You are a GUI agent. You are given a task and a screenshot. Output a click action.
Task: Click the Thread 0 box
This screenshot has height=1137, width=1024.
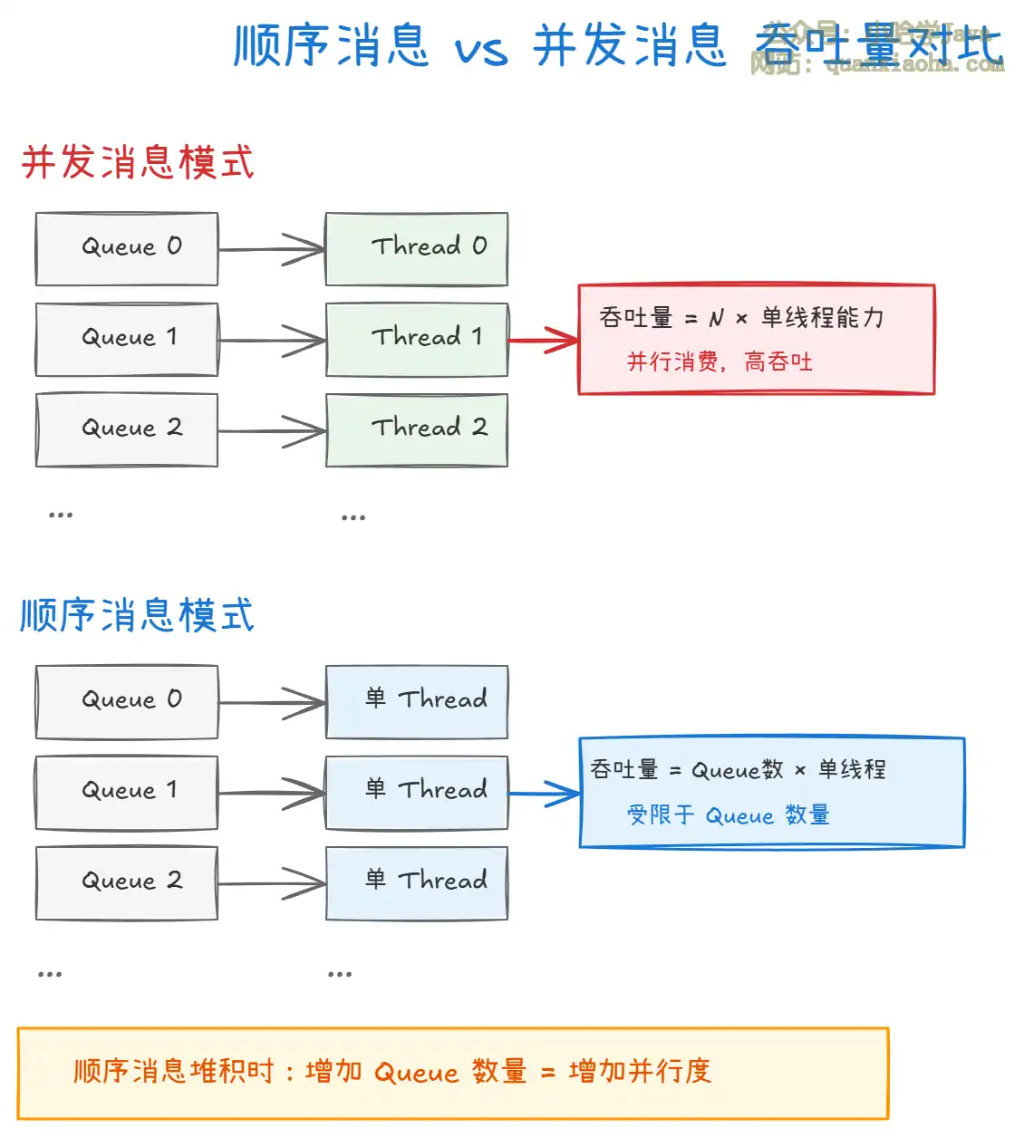417,249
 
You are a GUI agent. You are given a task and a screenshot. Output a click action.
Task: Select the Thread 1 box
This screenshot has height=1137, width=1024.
417,340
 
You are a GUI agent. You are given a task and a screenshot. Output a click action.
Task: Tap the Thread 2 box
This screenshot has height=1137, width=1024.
417,430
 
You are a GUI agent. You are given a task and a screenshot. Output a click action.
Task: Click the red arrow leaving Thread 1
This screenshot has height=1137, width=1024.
544,341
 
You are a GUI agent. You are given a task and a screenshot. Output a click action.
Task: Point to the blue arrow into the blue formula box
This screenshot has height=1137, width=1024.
544,794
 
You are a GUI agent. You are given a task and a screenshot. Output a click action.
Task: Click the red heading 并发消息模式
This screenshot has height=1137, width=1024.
138,163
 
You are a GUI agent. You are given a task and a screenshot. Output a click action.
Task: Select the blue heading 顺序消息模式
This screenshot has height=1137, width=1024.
138,616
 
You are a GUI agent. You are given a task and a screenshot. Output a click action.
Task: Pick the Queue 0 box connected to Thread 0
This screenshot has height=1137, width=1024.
127,249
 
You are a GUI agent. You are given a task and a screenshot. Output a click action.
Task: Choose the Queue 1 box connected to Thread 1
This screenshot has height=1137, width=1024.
127,340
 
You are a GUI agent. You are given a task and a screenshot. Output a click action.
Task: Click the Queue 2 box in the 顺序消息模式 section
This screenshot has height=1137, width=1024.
127,883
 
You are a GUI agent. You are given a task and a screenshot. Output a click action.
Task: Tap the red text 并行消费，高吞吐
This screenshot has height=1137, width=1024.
720,362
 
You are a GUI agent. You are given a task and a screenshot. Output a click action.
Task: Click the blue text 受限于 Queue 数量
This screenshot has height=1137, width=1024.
728,815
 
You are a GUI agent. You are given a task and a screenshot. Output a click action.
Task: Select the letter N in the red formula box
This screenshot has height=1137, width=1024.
716,318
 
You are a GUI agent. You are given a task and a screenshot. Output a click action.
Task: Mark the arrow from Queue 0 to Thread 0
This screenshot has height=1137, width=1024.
272,250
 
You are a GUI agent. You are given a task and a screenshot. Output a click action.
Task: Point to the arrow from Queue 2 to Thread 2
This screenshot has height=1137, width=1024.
272,431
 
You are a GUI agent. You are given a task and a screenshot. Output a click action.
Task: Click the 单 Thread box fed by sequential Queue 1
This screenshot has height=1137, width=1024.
417,793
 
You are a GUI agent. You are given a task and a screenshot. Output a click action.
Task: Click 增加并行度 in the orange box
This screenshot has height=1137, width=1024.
640,1072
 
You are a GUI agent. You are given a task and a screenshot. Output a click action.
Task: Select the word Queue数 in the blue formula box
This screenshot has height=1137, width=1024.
737,771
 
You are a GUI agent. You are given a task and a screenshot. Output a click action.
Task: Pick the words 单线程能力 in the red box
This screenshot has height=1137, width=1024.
822,318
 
